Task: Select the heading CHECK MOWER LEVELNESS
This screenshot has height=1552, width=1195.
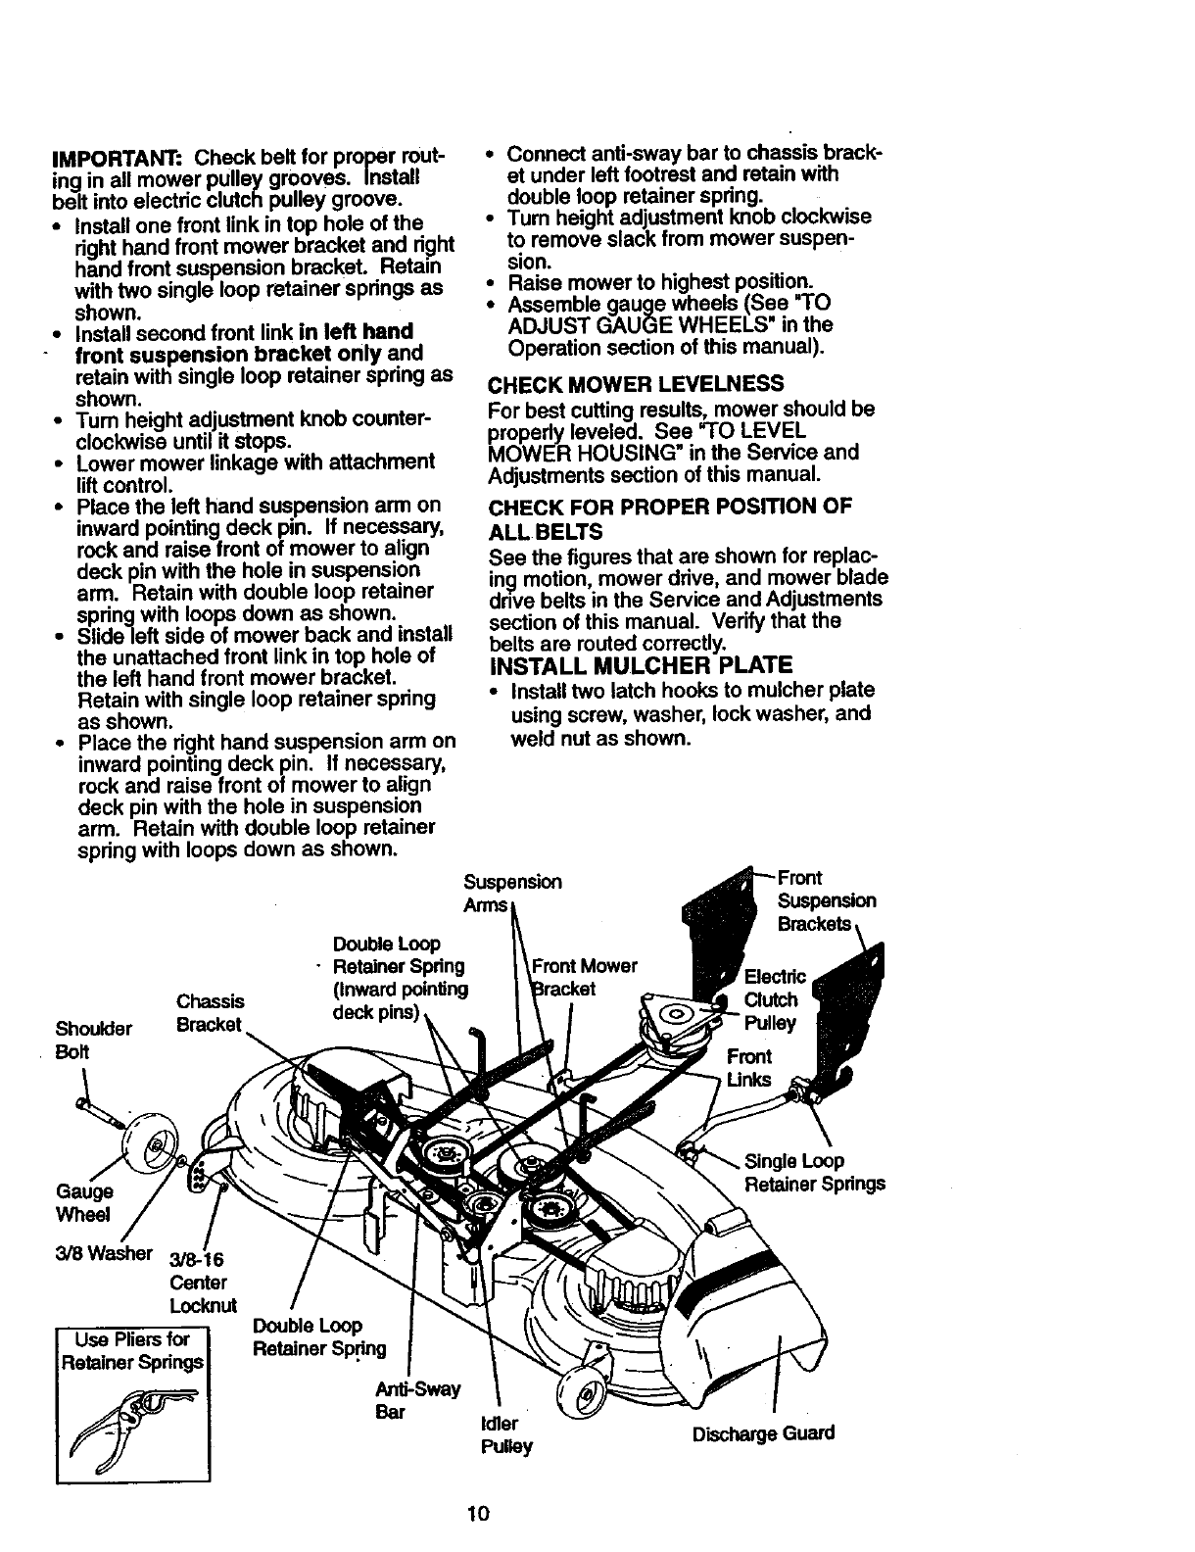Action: tap(636, 383)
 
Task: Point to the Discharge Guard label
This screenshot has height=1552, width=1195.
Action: tap(763, 1433)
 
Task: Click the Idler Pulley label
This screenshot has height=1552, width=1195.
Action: tap(505, 1434)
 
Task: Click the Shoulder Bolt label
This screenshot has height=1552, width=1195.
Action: tap(94, 1041)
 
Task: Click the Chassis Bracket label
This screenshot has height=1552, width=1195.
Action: tap(210, 1013)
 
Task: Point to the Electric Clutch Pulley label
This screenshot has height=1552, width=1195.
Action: tap(774, 999)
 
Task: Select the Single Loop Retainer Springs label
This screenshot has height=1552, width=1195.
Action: tap(814, 1173)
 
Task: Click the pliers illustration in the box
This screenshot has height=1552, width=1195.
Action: tap(133, 1425)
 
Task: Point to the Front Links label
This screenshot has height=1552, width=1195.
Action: tap(749, 1068)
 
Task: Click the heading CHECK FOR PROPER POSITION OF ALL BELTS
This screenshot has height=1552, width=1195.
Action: tap(669, 518)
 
